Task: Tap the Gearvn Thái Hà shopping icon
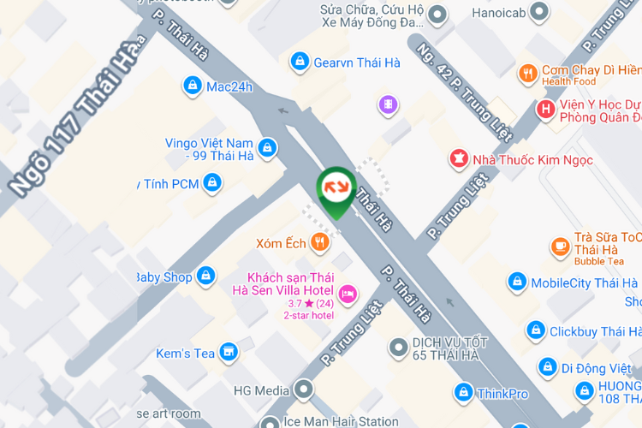300,62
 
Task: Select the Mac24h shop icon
192,86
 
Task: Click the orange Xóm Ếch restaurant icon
320,242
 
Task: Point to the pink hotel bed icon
348,294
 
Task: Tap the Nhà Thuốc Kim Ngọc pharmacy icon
460,158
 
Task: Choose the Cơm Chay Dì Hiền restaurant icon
527,74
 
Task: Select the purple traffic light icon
389,105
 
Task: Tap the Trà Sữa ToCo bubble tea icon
560,247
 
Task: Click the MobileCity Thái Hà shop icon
516,282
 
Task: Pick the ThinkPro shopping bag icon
462,393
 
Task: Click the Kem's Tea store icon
229,352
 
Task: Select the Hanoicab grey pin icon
538,12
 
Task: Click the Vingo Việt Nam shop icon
267,149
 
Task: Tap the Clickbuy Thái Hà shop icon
535,330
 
